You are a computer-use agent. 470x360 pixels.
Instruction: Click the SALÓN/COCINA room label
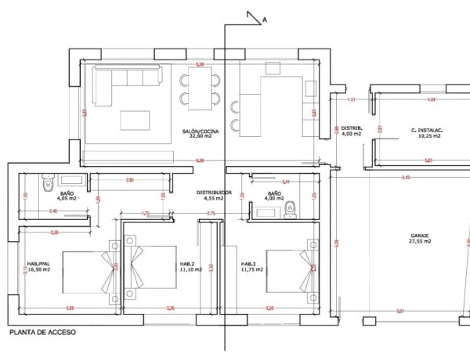(200, 131)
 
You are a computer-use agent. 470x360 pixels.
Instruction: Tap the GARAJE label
(421, 235)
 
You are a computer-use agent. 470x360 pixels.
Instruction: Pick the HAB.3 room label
(249, 263)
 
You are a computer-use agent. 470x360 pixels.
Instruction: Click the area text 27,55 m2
(420, 242)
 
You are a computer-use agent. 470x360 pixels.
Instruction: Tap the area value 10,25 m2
(429, 136)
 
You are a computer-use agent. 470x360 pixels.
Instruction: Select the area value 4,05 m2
(68, 198)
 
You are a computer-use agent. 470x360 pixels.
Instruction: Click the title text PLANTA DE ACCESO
(42, 333)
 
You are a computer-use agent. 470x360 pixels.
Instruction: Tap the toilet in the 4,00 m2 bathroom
(291, 208)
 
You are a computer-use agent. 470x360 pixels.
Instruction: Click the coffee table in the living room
(135, 120)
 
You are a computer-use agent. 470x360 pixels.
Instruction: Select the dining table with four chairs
(201, 88)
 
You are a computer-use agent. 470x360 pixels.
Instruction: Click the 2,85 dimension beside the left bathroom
(130, 181)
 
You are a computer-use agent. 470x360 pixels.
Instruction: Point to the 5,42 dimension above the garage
(406, 178)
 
